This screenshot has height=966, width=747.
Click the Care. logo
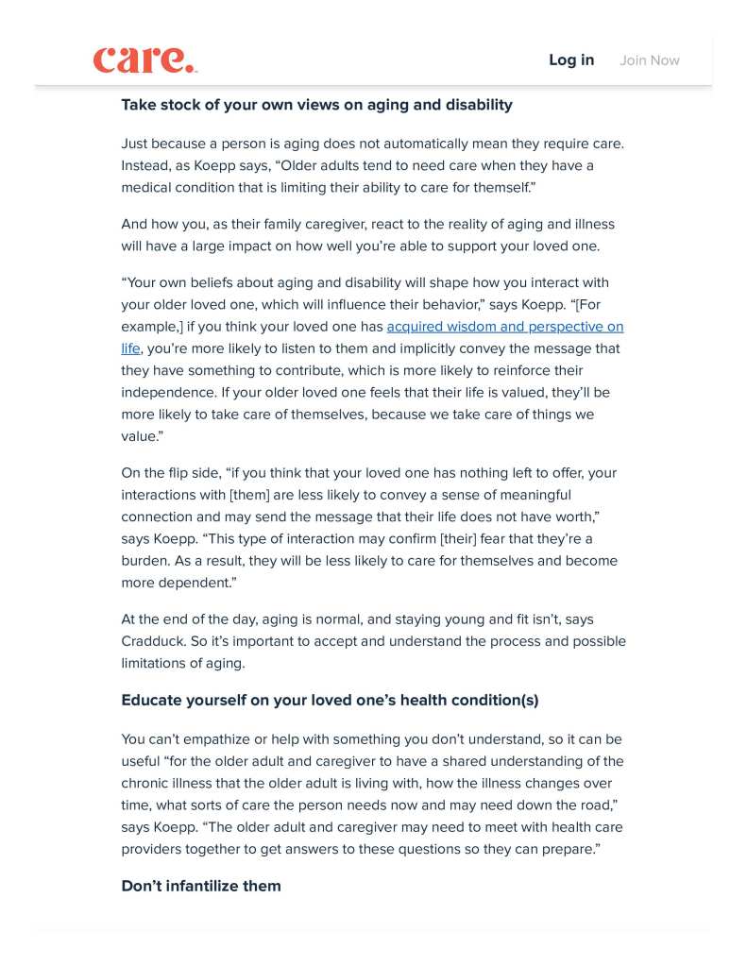point(144,59)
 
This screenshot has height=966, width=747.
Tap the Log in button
point(571,60)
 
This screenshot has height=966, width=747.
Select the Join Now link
point(650,60)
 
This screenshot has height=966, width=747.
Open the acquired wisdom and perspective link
point(505,327)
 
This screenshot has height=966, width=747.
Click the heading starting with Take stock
point(316,105)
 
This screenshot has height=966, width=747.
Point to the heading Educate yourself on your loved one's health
point(330,700)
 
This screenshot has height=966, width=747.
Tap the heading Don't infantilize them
point(201,886)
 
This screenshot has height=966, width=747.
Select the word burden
point(147,561)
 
